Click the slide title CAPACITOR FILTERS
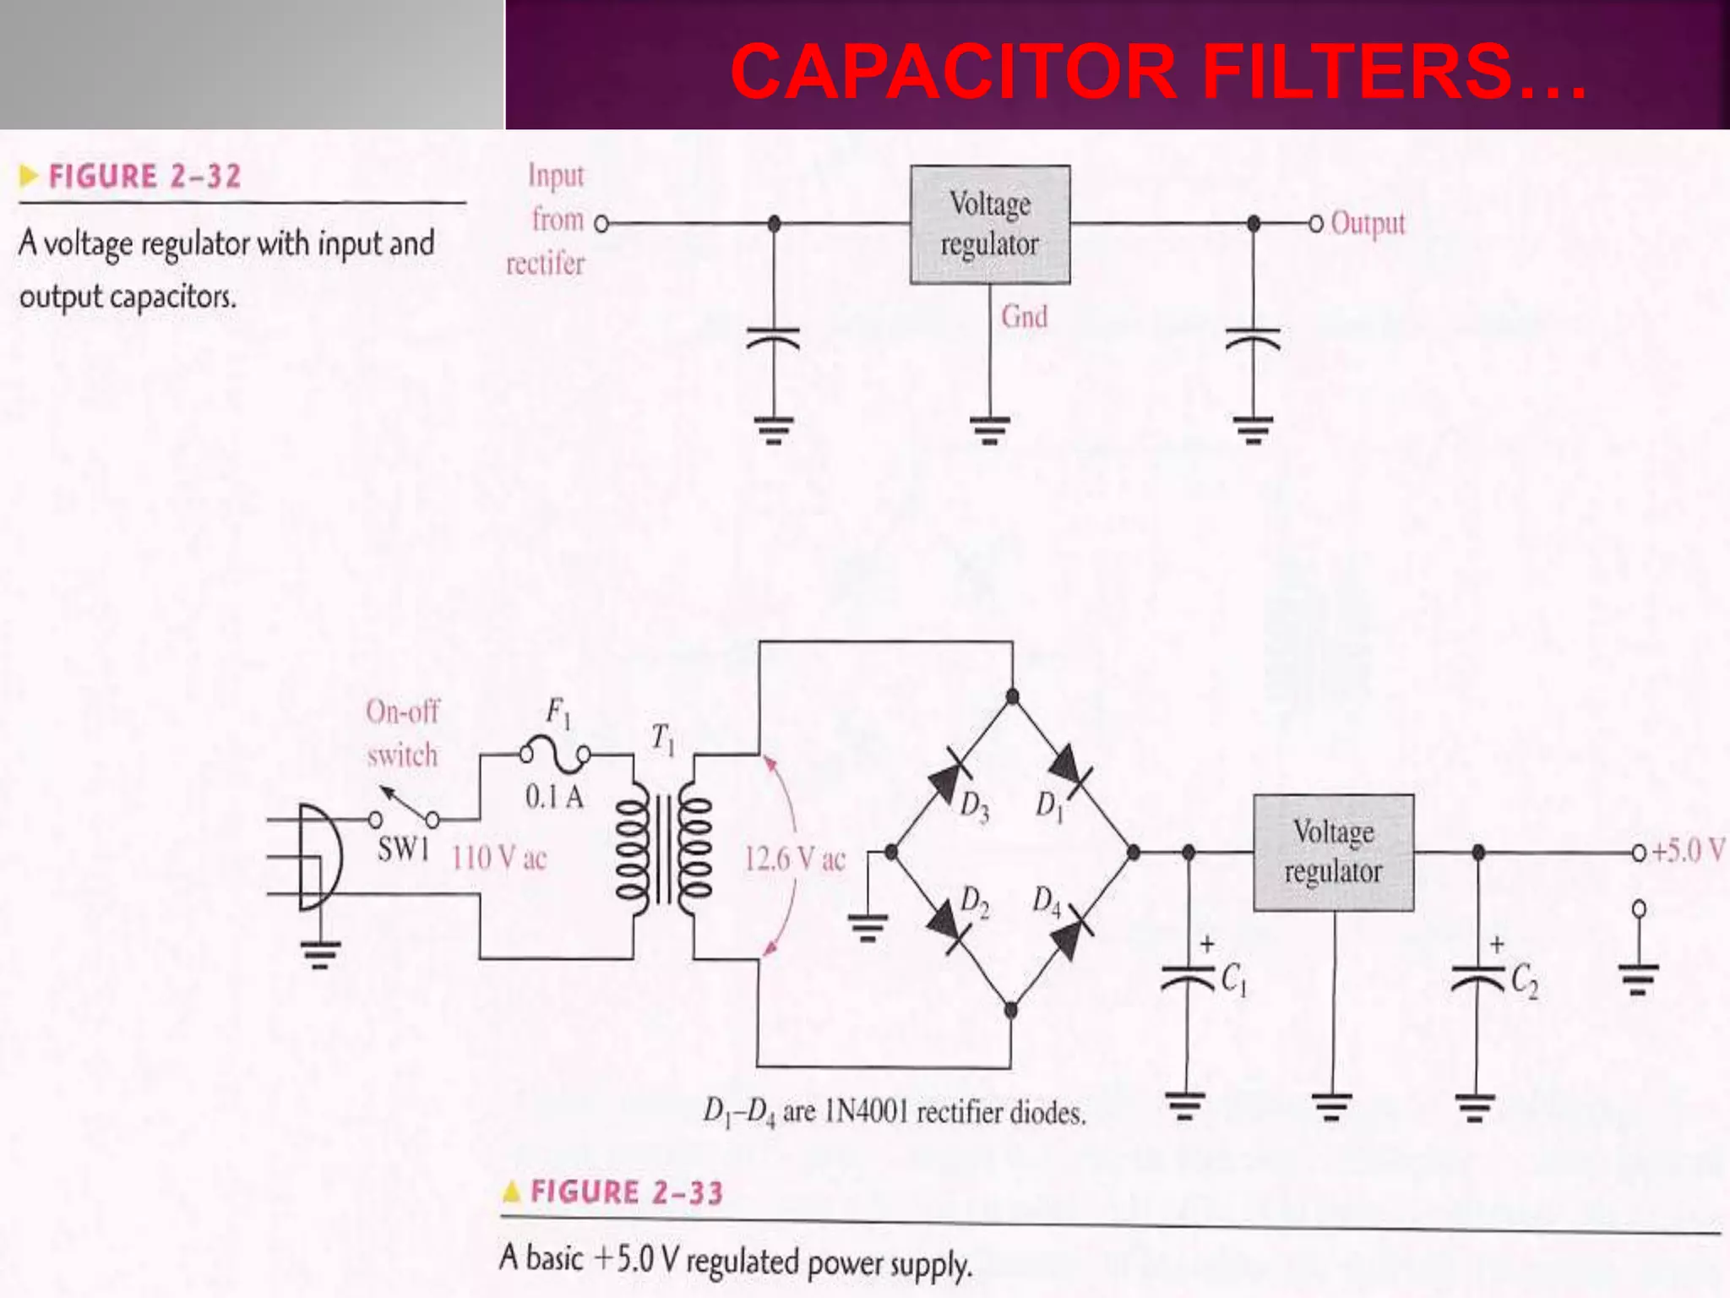[1157, 71]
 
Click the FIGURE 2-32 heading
[144, 177]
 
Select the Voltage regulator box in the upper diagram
[989, 224]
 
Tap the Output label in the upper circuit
[1367, 223]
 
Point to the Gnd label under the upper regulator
[1024, 317]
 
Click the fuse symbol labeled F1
[555, 753]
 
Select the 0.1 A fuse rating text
[554, 797]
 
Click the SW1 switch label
[403, 849]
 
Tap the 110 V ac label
[498, 859]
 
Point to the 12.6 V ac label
[794, 859]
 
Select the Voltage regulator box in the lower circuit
[1332, 852]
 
